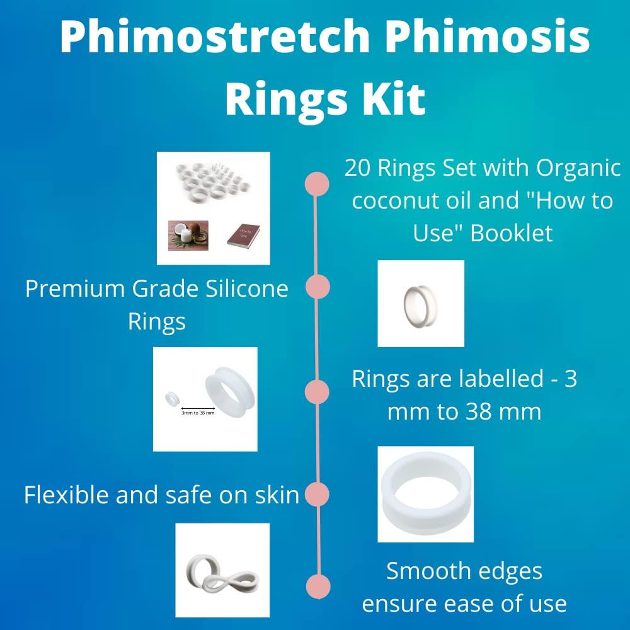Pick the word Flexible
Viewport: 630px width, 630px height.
pyautogui.click(x=68, y=495)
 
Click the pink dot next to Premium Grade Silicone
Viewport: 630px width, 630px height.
pyautogui.click(x=318, y=287)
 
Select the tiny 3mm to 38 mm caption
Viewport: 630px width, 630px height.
pyautogui.click(x=198, y=413)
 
